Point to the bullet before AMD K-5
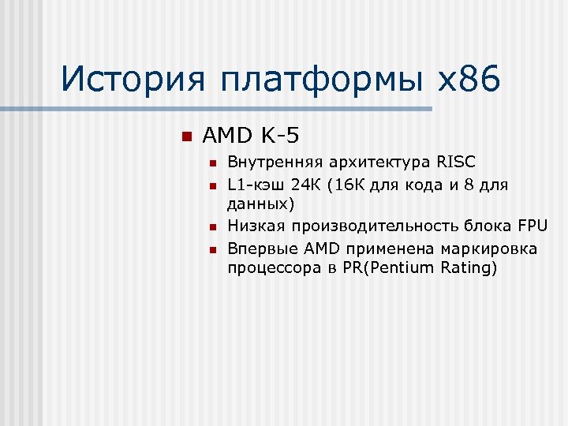click(x=186, y=136)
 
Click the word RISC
click(x=455, y=163)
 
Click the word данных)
click(x=260, y=205)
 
